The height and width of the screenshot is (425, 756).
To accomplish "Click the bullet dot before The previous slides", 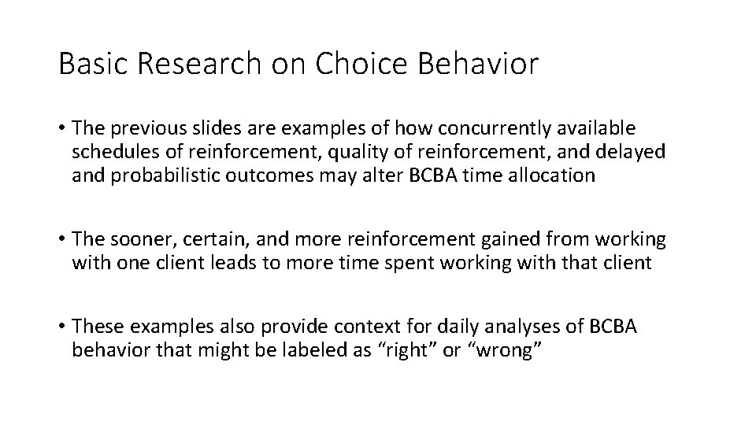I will click(x=61, y=128).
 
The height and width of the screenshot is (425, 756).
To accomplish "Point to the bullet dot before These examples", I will click(x=61, y=326).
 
